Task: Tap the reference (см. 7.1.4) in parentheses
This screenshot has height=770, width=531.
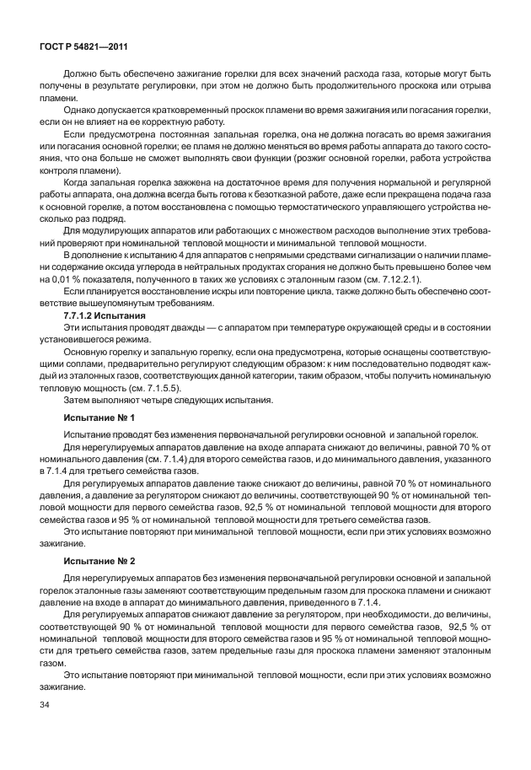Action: [x=167, y=457]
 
